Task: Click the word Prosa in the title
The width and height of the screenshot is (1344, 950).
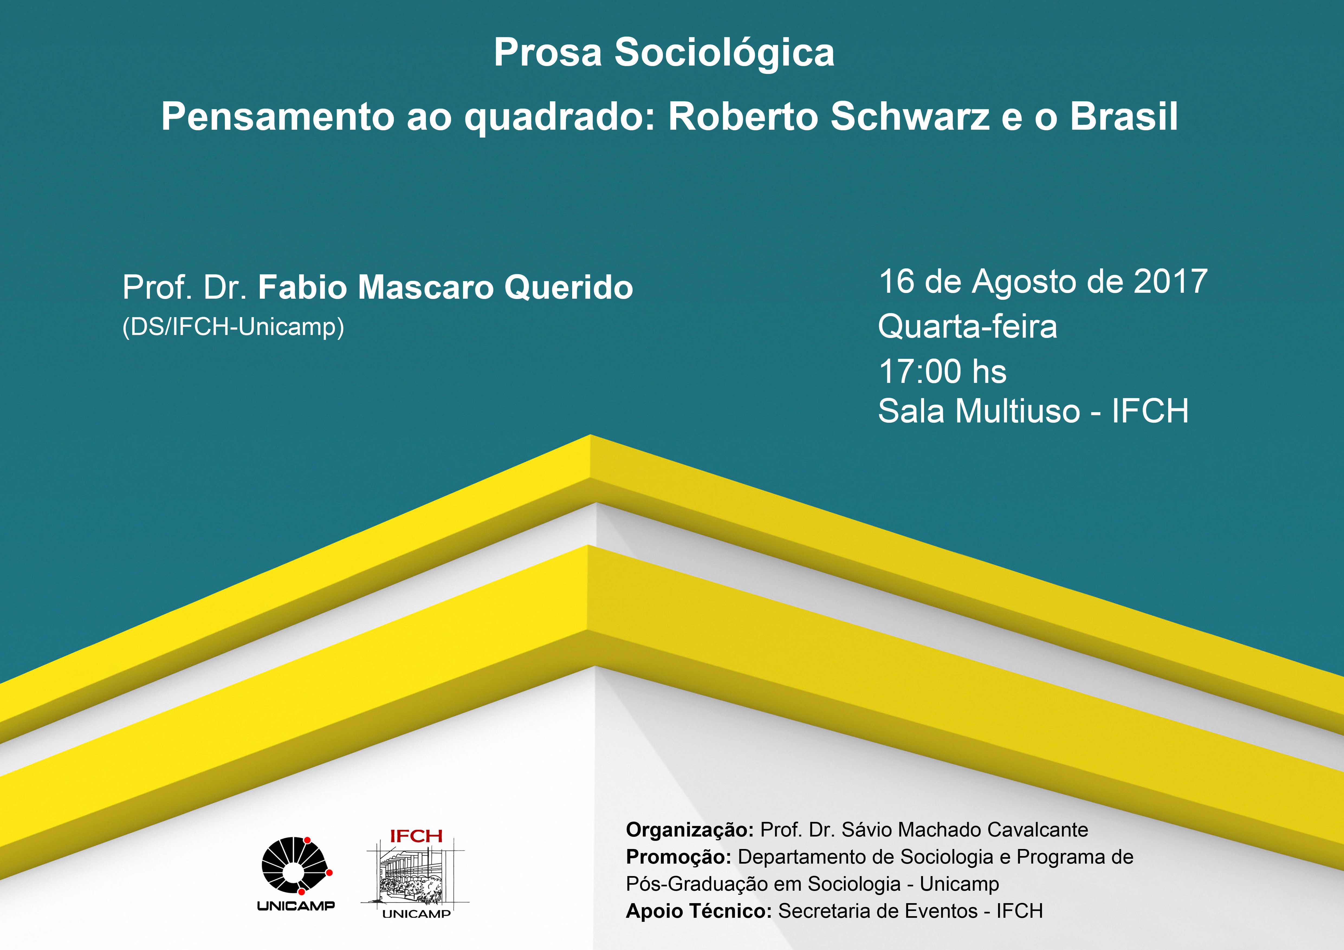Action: coord(548,53)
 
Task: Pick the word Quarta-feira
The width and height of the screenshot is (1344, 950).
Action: coord(968,326)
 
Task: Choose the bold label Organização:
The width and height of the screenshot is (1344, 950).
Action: coord(689,830)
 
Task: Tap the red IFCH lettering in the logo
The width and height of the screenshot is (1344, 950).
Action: coord(416,837)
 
